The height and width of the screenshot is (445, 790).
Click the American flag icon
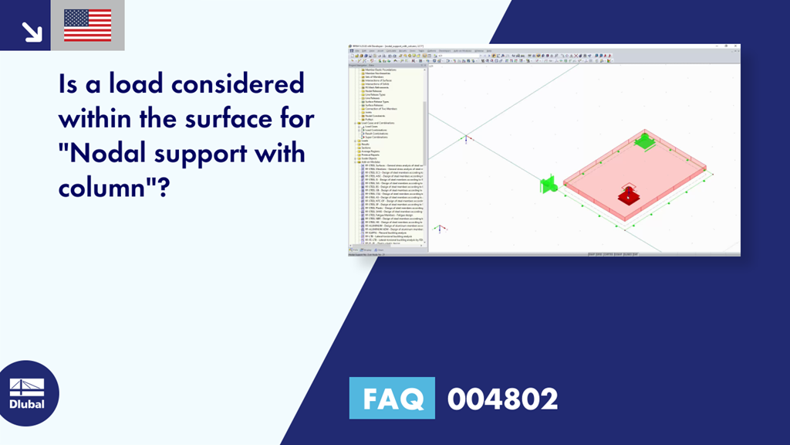[x=87, y=25]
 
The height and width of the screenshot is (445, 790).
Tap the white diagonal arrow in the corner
[x=31, y=30]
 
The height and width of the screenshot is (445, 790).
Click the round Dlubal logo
[x=28, y=393]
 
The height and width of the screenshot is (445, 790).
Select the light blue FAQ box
[x=392, y=399]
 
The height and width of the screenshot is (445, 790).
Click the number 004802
[x=502, y=399]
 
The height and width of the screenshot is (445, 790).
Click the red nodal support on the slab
[x=629, y=195]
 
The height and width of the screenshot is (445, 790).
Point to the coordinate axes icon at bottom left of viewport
[x=439, y=229]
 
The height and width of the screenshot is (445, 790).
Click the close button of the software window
[x=736, y=46]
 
